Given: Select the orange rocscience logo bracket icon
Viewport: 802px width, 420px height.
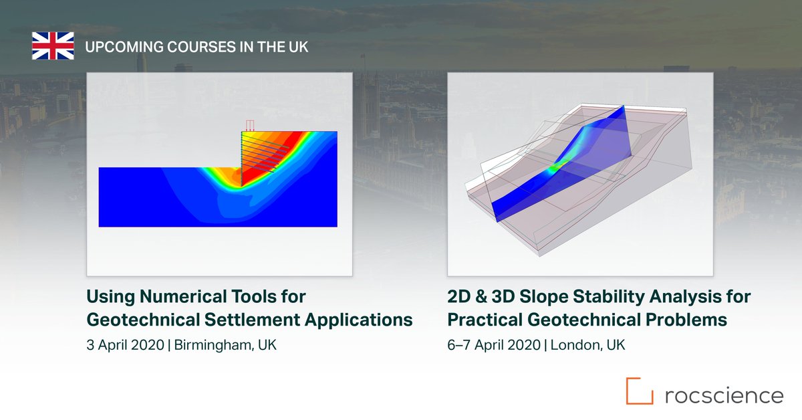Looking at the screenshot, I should (x=639, y=391).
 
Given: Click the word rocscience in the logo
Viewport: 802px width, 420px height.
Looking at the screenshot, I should (x=724, y=395).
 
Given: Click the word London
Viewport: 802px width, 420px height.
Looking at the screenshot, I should (x=579, y=346).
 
